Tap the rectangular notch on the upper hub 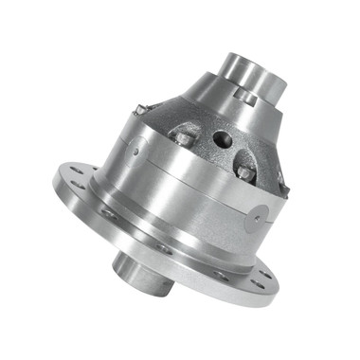(x=247, y=94)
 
